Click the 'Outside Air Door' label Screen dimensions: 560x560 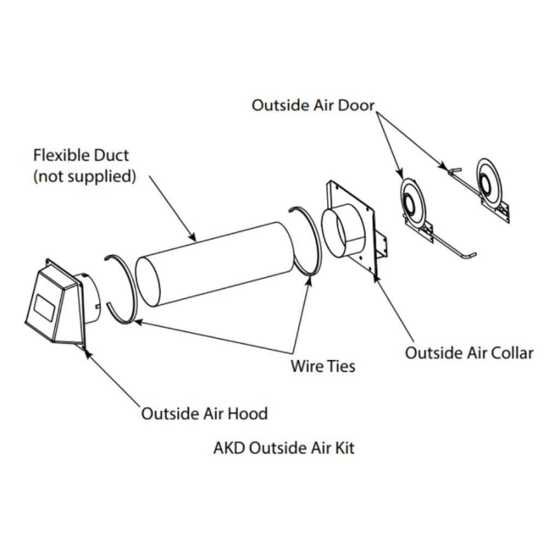coord(313,104)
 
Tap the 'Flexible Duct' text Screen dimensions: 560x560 coord(81,155)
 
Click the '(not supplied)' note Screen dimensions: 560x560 coord(84,177)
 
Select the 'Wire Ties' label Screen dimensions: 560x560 coord(322,366)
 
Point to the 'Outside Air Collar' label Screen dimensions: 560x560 coord(469,353)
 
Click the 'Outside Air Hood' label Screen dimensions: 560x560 coord(204,413)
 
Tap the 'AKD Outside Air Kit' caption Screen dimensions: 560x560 coord(283,448)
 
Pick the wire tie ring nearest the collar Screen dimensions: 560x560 coord(306,241)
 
